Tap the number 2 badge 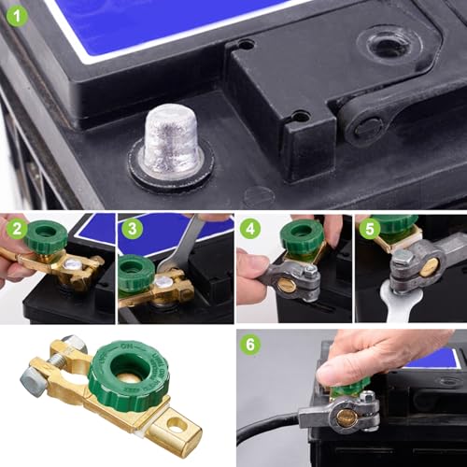16,230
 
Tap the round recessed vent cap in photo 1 388,43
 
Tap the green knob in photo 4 301,236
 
